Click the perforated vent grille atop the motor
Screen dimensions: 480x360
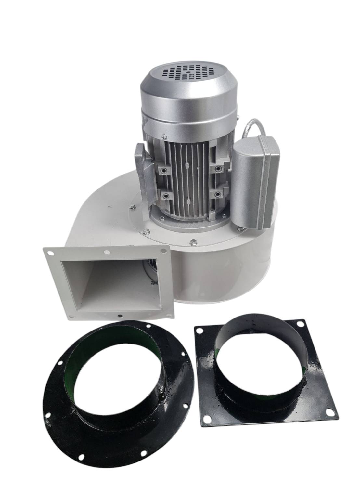pos(188,73)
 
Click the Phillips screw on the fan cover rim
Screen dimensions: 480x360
pos(164,137)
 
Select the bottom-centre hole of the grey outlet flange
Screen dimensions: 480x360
pos(121,315)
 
